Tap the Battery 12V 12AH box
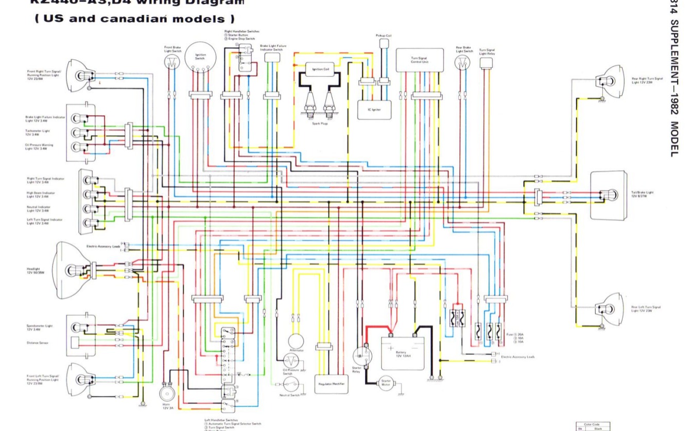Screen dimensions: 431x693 point(402,352)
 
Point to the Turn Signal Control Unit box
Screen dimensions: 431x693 point(420,60)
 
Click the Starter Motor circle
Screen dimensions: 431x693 point(386,383)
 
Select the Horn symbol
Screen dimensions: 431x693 point(166,393)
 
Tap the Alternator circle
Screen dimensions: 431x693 point(296,341)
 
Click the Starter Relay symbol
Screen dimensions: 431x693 point(362,355)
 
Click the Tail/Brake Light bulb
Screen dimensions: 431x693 point(611,195)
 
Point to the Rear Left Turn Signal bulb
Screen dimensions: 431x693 point(607,309)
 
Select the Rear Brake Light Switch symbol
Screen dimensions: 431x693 point(462,63)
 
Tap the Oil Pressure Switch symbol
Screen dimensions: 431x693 point(291,358)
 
